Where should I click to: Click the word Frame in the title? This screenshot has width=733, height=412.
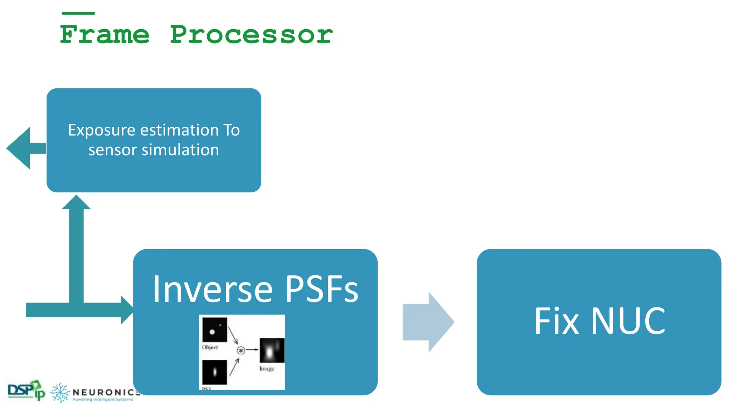[x=104, y=35]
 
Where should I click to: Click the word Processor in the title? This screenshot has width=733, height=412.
[x=251, y=35]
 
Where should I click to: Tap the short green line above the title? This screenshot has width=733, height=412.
[x=78, y=13]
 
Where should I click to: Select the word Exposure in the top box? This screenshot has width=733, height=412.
[x=103, y=130]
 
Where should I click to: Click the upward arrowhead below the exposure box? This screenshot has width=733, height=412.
[x=76, y=203]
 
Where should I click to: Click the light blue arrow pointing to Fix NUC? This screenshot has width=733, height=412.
[x=428, y=322]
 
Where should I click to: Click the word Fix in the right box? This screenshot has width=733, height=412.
[x=556, y=321]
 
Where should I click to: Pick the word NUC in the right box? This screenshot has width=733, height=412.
[x=628, y=321]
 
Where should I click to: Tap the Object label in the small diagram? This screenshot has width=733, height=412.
[x=210, y=347]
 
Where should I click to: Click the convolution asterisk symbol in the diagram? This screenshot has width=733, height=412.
[x=241, y=350]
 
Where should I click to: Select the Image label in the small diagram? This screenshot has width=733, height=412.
[x=266, y=369]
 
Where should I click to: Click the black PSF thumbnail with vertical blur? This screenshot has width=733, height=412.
[x=215, y=372]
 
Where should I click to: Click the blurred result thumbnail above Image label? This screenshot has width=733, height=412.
[x=272, y=350]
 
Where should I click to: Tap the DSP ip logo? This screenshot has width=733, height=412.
[x=26, y=390]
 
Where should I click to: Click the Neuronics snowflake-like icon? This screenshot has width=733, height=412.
[x=60, y=393]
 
